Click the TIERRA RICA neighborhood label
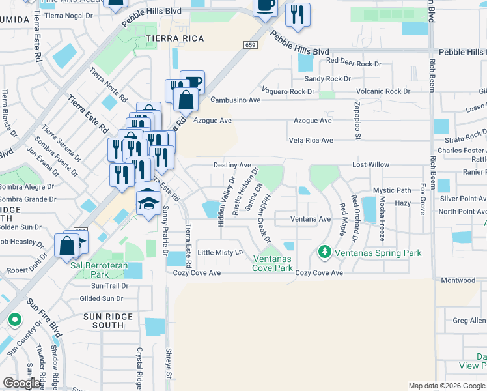click(174, 38)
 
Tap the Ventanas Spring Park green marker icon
click(324, 251)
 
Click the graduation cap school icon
click(148, 201)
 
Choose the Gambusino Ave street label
click(235, 100)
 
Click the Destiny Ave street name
click(232, 166)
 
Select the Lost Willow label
click(370, 166)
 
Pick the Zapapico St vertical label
click(357, 120)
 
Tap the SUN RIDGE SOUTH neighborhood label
click(104, 321)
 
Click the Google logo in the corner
click(21, 383)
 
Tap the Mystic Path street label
click(392, 190)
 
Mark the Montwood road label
click(458, 280)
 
